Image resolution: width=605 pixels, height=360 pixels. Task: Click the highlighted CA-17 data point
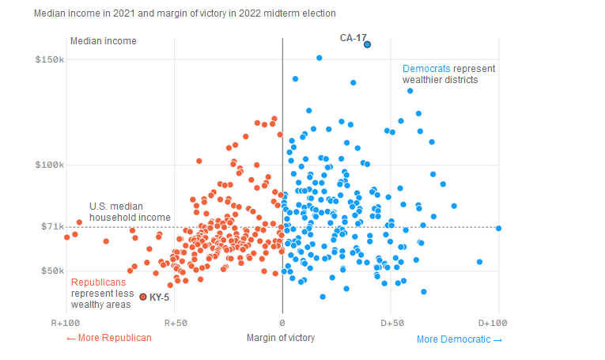click(x=367, y=44)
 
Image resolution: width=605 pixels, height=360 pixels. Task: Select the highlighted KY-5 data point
click(x=143, y=297)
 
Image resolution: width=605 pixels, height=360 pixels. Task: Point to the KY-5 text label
click(x=160, y=297)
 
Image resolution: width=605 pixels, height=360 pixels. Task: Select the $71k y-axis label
click(x=53, y=227)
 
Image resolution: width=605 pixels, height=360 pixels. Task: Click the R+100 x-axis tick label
click(x=66, y=323)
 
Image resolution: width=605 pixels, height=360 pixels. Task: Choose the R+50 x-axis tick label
click(x=175, y=323)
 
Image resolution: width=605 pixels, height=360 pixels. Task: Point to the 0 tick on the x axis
click(x=282, y=323)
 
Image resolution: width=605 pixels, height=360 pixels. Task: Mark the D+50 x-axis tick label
click(x=391, y=323)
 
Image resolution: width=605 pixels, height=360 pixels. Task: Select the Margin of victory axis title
click(x=280, y=338)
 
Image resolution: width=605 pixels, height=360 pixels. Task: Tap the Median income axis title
click(x=104, y=41)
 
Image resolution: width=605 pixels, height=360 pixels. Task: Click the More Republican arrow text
click(x=108, y=338)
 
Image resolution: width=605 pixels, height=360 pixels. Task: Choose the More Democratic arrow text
click(x=459, y=339)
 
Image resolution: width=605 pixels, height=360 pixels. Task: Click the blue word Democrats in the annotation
click(x=426, y=69)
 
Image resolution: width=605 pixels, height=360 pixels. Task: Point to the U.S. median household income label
click(x=130, y=211)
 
